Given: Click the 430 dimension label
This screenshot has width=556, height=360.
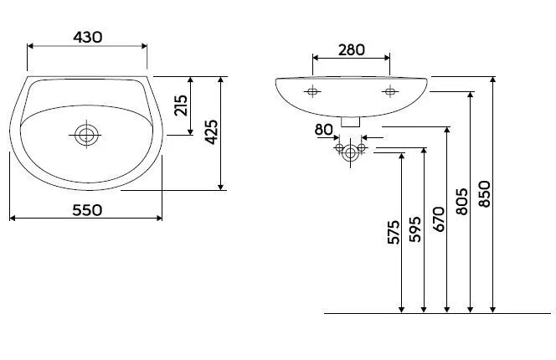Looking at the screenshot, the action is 88,37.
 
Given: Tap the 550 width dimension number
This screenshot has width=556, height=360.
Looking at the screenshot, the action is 87,210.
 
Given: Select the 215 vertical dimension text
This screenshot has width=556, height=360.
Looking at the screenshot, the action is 181,105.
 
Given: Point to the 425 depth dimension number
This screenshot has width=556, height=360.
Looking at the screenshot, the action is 212,132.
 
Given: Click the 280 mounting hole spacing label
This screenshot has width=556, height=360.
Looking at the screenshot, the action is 351,50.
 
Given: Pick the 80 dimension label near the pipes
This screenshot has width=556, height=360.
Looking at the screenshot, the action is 323,130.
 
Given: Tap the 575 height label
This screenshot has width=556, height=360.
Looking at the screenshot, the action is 394,233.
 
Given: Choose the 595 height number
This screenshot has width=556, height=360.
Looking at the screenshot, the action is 415,229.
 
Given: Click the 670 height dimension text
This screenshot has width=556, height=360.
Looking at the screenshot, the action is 439,219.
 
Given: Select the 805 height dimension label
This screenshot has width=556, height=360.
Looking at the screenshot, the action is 461,202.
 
